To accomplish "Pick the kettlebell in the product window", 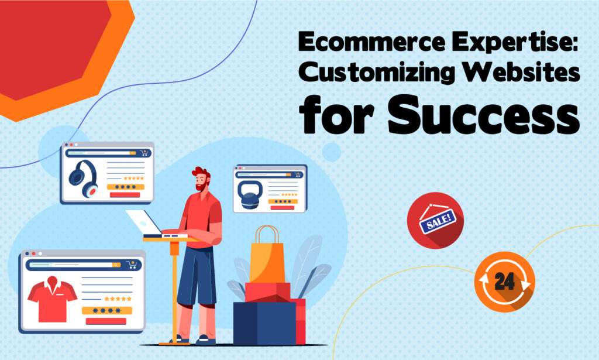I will pyautogui.click(x=250, y=194).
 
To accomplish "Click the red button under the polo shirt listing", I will pyautogui.click(x=105, y=321).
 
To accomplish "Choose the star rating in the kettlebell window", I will pyautogui.click(x=290, y=194).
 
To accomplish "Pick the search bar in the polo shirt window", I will pyautogui.click(x=71, y=265).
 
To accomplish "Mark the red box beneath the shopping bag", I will pyautogui.click(x=267, y=292).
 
